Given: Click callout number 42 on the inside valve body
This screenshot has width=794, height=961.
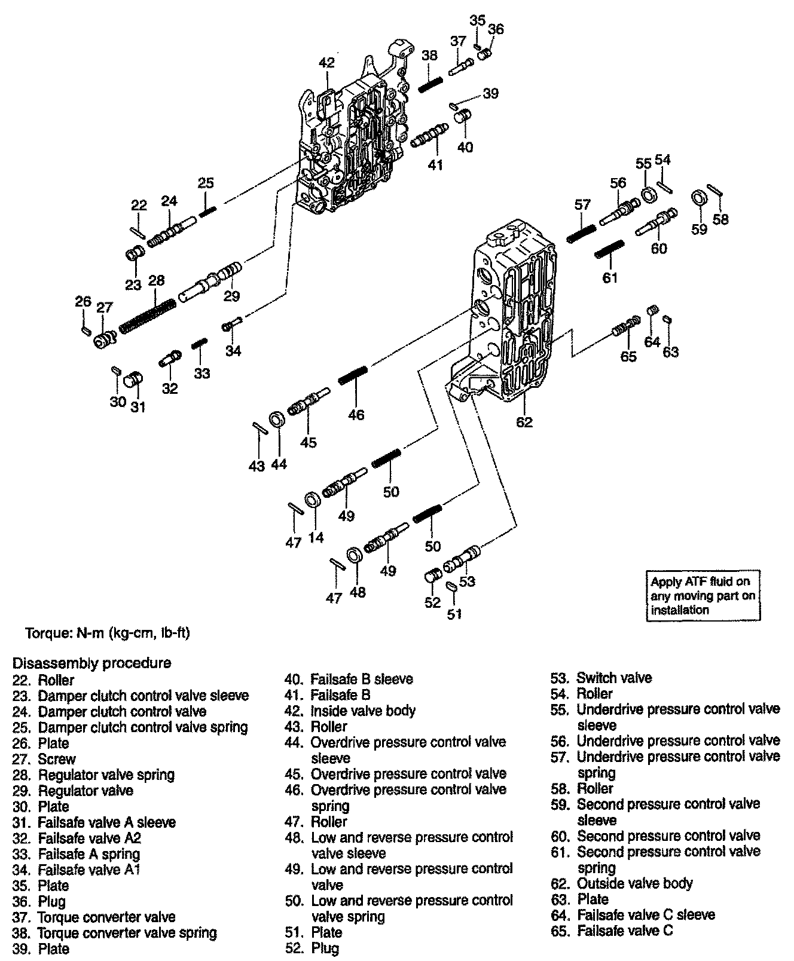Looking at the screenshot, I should (326, 63).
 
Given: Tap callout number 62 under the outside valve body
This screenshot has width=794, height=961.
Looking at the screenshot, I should (524, 422).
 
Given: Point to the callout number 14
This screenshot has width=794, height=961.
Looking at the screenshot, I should (316, 537).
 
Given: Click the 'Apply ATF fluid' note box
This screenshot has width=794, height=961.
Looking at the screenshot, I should (703, 595).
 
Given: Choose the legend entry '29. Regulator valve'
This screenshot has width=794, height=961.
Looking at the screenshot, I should (73, 791).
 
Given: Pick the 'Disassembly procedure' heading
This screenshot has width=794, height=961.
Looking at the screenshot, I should (92, 663).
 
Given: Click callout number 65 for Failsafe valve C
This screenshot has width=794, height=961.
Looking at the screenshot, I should (628, 357).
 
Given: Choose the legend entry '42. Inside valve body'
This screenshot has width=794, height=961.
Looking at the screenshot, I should (350, 711).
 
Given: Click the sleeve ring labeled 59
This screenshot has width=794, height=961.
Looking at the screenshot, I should (697, 198).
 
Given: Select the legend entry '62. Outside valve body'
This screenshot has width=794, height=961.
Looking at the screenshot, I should (622, 883).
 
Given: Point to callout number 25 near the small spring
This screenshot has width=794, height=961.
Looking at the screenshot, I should (206, 183).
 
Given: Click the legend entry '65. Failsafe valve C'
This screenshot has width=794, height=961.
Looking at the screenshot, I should (612, 931).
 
